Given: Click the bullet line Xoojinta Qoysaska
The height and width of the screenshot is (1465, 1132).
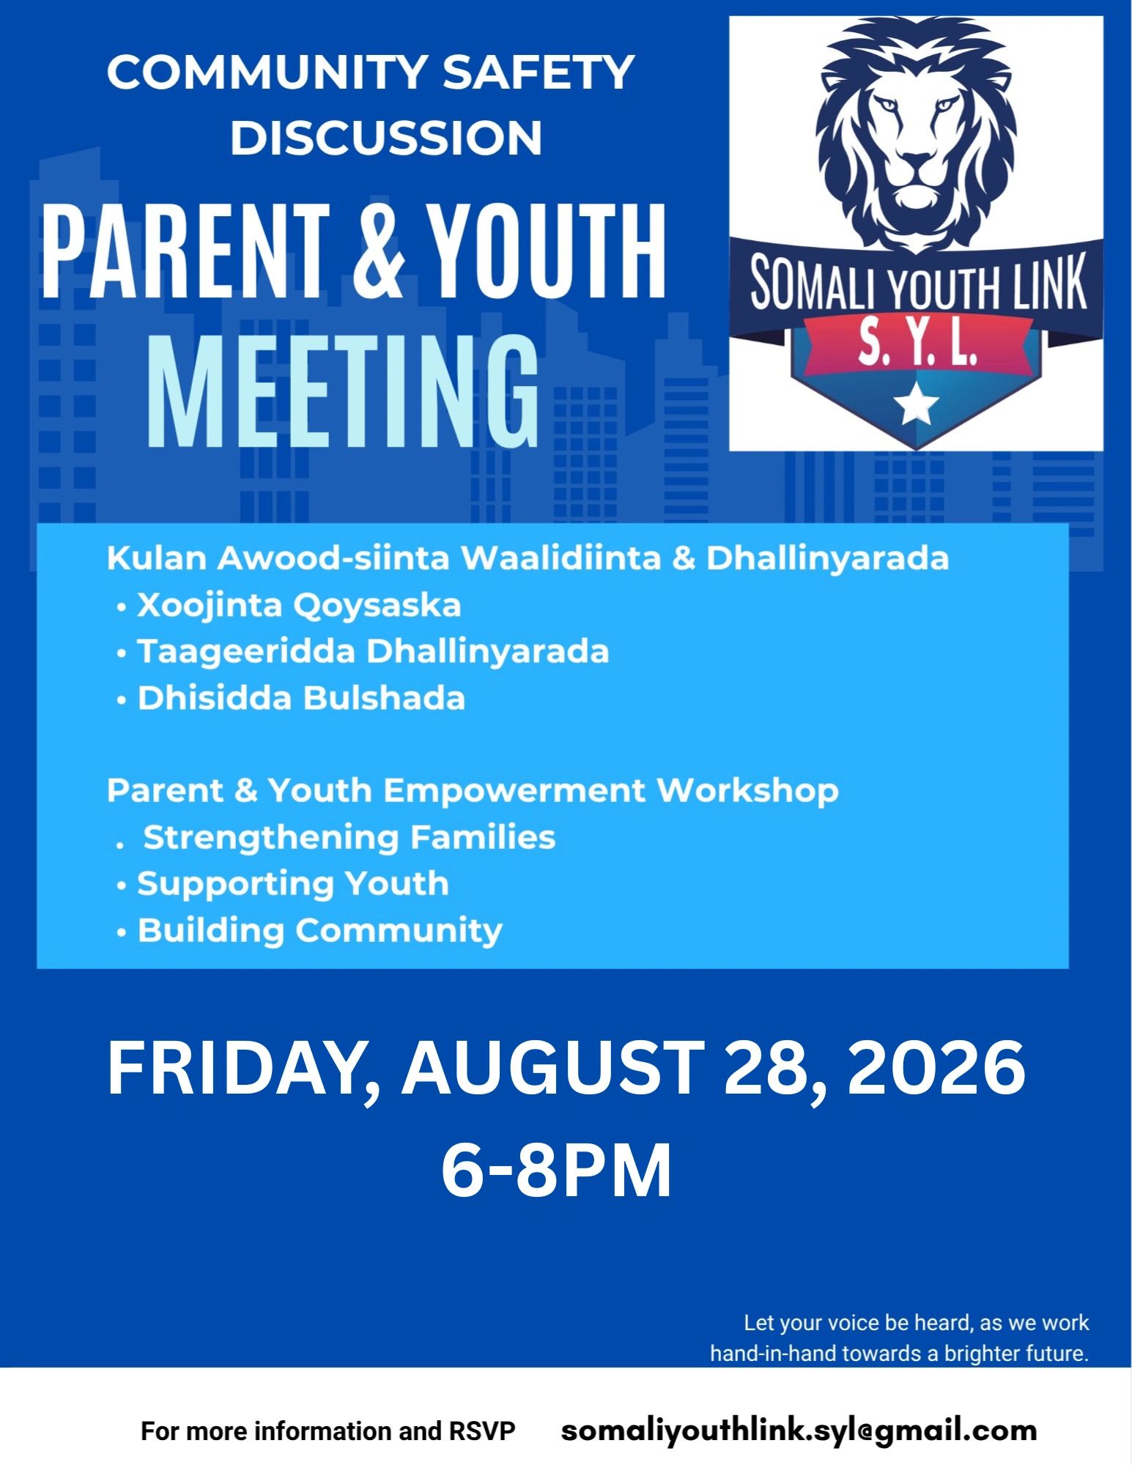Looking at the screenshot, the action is point(289,606).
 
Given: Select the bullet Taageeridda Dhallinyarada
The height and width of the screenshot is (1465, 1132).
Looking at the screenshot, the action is point(363,652).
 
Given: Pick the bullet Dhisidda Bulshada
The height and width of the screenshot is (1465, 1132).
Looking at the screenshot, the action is point(291,698).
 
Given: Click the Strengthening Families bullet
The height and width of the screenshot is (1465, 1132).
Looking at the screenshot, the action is point(336,837).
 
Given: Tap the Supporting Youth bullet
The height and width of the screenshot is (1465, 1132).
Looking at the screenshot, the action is point(283,884).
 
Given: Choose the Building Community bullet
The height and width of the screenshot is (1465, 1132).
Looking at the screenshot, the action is point(309,930).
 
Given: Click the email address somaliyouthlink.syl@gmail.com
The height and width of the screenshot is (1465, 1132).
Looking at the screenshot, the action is point(799,1431).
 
